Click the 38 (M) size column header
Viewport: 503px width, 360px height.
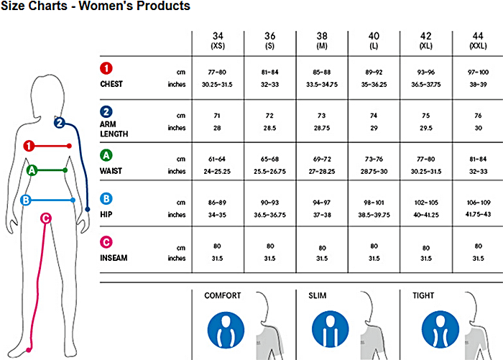tap(322, 40)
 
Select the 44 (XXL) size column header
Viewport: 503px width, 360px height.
tap(476, 40)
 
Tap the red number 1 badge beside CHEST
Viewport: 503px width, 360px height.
tap(106, 70)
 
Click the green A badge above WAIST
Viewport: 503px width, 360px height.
tap(106, 155)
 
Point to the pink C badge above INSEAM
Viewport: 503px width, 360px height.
tap(106, 242)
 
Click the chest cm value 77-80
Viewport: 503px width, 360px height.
tap(217, 72)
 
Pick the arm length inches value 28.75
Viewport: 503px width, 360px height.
tap(322, 128)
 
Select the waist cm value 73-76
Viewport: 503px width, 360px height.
tap(374, 158)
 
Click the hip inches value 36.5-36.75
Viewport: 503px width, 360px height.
tap(269, 214)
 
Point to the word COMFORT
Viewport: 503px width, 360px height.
tap(223, 295)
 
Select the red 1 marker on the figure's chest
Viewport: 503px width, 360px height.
tap(29, 146)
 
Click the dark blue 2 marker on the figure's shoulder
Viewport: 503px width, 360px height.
tap(60, 122)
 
